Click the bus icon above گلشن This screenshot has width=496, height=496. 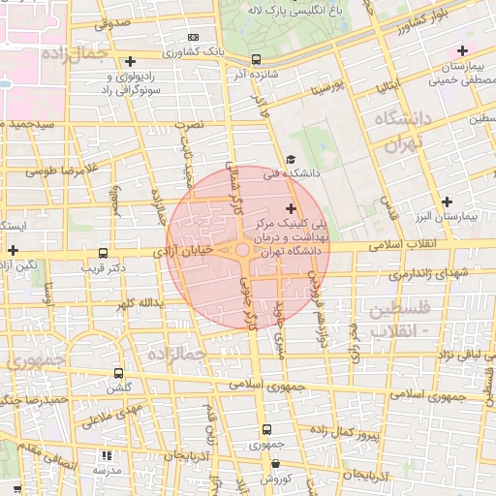click(x=118, y=372)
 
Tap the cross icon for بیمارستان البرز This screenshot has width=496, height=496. click(x=446, y=201)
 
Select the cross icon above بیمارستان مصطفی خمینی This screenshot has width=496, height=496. click(x=462, y=50)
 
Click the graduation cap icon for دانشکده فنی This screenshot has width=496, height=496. click(x=291, y=160)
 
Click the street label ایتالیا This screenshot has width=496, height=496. click(x=382, y=94)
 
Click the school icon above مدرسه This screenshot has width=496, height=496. click(x=106, y=454)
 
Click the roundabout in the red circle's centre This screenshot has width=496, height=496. click(x=241, y=250)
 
